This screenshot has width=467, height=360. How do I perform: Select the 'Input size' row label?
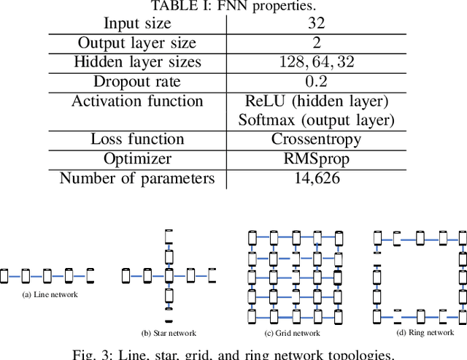click(137, 24)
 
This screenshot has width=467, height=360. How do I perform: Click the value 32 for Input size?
click(317, 24)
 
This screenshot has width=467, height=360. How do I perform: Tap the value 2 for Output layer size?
click(317, 43)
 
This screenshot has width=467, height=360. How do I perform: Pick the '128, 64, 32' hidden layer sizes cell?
click(317, 62)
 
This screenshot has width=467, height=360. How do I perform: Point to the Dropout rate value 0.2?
click(317, 82)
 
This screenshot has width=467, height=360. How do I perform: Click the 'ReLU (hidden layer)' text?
click(317, 101)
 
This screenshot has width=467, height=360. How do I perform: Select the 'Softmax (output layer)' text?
click(317, 120)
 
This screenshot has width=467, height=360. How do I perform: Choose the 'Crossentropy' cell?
click(317, 139)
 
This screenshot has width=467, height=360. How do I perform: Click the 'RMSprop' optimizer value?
click(317, 158)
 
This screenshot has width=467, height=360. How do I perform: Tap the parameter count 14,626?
click(317, 178)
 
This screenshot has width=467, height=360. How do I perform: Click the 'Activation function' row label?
click(137, 101)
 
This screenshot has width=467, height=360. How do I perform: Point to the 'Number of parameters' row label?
click(137, 178)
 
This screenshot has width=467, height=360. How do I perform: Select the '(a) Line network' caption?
click(50, 294)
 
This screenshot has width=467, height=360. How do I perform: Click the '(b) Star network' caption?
click(169, 333)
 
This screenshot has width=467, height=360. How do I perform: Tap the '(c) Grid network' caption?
click(292, 333)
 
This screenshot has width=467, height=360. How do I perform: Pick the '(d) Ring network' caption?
click(425, 332)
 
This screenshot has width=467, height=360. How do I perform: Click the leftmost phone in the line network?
click(4, 276)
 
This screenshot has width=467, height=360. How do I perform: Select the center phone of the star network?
click(169, 276)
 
